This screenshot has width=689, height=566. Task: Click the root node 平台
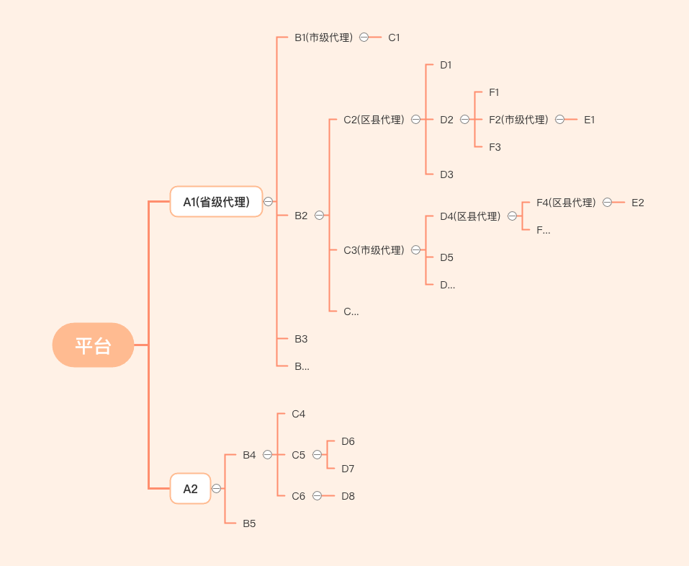(x=93, y=345)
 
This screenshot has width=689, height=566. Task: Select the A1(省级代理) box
(x=216, y=202)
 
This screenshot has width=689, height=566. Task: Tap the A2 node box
(x=190, y=489)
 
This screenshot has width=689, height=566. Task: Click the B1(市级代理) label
(x=323, y=37)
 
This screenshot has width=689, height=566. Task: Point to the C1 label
(x=394, y=37)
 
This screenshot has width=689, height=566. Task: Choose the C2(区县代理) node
(x=374, y=120)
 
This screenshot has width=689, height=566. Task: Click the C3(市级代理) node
(x=374, y=250)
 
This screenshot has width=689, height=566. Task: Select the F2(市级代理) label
(x=518, y=120)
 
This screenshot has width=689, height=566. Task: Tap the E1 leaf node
(x=590, y=120)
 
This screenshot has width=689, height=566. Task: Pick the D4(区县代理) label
(x=470, y=216)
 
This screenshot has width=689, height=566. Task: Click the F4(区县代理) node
(x=566, y=203)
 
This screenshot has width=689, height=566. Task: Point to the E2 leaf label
(x=638, y=203)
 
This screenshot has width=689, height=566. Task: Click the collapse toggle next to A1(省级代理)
(x=268, y=202)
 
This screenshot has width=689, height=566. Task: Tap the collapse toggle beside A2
(x=216, y=489)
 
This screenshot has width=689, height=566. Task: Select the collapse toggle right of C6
(x=317, y=496)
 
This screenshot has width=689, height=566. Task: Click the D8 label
(x=348, y=496)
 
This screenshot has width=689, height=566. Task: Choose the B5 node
(x=249, y=523)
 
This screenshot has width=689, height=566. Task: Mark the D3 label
(x=446, y=174)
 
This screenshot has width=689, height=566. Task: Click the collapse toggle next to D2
(x=464, y=120)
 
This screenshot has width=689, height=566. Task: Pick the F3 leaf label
(x=495, y=147)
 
